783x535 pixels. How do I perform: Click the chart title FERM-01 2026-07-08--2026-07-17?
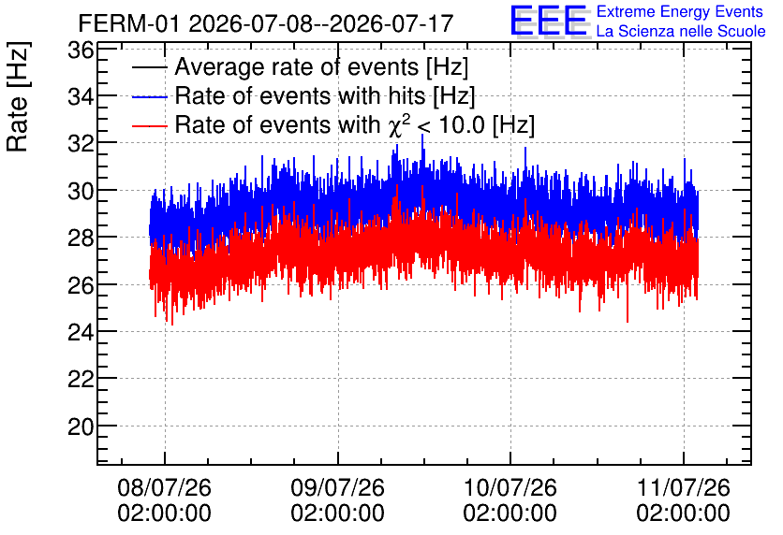tap(266, 23)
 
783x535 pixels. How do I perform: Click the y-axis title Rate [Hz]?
tap(18, 96)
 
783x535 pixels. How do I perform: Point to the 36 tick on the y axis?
tap(81, 50)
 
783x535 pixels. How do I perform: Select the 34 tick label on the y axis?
tap(81, 96)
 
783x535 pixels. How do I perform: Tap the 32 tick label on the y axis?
tap(81, 143)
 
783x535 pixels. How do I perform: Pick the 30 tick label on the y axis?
tap(81, 191)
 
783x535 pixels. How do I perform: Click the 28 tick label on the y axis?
tap(81, 238)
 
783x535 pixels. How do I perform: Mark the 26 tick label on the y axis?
tap(81, 285)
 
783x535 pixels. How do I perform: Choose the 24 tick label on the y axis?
tap(81, 332)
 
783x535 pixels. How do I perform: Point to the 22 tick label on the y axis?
tap(81, 380)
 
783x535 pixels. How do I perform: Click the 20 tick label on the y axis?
tap(81, 427)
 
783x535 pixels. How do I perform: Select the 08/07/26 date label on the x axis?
tap(164, 487)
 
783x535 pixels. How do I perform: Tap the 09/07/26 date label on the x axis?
tap(337, 487)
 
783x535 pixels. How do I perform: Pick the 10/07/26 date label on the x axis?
tap(510, 487)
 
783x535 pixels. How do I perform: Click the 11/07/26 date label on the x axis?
tap(683, 487)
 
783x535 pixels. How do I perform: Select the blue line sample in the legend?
tap(149, 96)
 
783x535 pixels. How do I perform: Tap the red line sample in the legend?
tap(149, 125)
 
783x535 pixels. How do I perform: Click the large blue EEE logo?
tap(549, 22)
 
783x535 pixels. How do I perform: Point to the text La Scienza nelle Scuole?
tap(681, 32)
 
